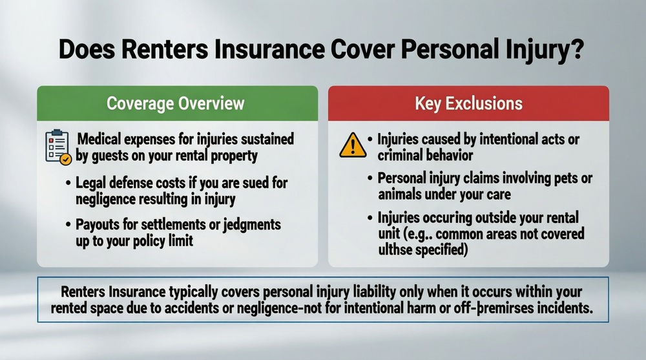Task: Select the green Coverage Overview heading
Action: (176, 103)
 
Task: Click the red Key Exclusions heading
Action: (468, 103)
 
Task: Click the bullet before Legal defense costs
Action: (69, 182)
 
